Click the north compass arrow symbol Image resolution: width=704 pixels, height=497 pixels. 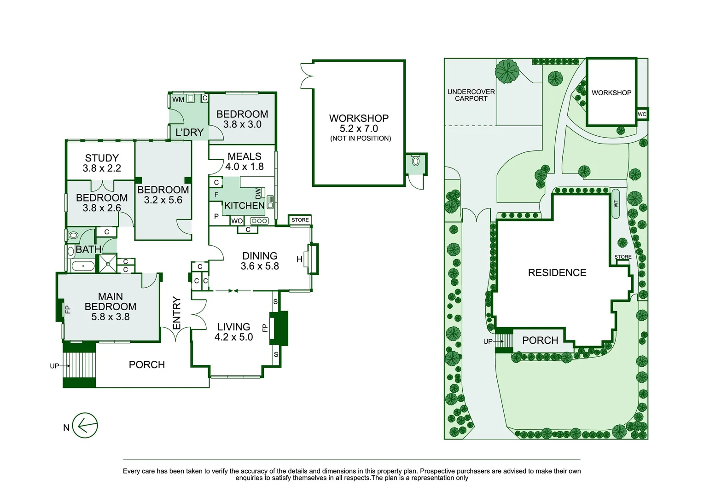(85, 425)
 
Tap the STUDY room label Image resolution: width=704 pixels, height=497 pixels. (102, 158)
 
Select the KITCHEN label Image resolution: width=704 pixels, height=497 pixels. (244, 205)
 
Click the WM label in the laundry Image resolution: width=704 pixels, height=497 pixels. (178, 99)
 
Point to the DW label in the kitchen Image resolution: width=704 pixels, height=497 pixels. (258, 193)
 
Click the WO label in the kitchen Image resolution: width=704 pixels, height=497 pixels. (237, 221)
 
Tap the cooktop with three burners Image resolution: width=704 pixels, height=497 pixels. (259, 220)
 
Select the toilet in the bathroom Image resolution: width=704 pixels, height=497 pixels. (73, 235)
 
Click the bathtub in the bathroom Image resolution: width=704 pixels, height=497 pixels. (83, 266)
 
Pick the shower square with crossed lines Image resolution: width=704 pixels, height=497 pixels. (108, 264)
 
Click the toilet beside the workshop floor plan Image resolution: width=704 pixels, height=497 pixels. (415, 161)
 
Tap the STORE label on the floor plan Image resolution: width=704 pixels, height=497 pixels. (300, 220)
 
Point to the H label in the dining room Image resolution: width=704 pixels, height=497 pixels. (299, 260)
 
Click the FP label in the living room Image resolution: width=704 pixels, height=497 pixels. (265, 328)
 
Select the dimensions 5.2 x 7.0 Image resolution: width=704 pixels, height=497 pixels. (359, 128)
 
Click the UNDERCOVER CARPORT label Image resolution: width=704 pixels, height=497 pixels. (471, 95)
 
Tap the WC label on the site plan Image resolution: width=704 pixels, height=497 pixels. (642, 114)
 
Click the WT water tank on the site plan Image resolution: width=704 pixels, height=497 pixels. (616, 203)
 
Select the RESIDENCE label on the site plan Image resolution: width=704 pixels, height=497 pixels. (557, 272)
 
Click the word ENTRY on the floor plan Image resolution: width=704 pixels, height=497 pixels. (177, 313)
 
